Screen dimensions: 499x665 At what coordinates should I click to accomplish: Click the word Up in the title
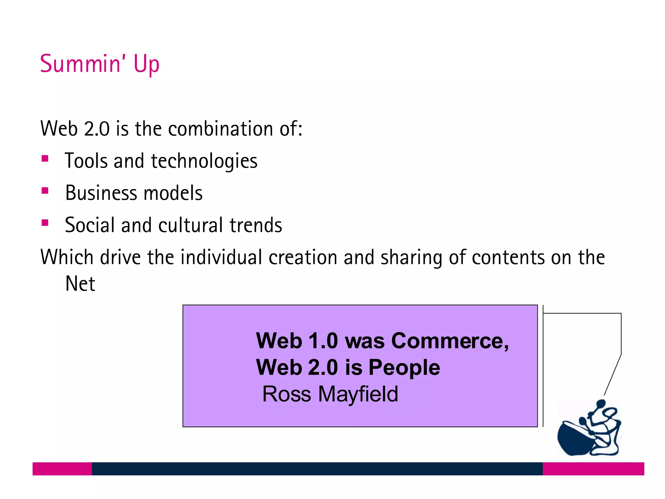click(146, 64)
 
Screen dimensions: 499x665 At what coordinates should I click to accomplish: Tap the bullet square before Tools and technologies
click(45, 159)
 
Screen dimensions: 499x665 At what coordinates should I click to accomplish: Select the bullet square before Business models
click(45, 191)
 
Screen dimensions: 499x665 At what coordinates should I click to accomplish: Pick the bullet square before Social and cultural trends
click(45, 223)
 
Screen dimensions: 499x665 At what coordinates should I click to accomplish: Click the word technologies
click(204, 161)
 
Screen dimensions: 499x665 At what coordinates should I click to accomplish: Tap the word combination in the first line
click(221, 129)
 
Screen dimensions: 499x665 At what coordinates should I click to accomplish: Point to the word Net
click(80, 284)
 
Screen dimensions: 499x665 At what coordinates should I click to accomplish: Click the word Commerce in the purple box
click(450, 341)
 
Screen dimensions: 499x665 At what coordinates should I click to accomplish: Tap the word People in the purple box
click(404, 368)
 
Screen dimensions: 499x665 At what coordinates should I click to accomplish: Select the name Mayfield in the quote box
click(358, 394)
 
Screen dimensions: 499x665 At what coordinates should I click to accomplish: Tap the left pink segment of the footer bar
click(62, 469)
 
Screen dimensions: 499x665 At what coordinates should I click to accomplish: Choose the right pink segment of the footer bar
click(593, 469)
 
